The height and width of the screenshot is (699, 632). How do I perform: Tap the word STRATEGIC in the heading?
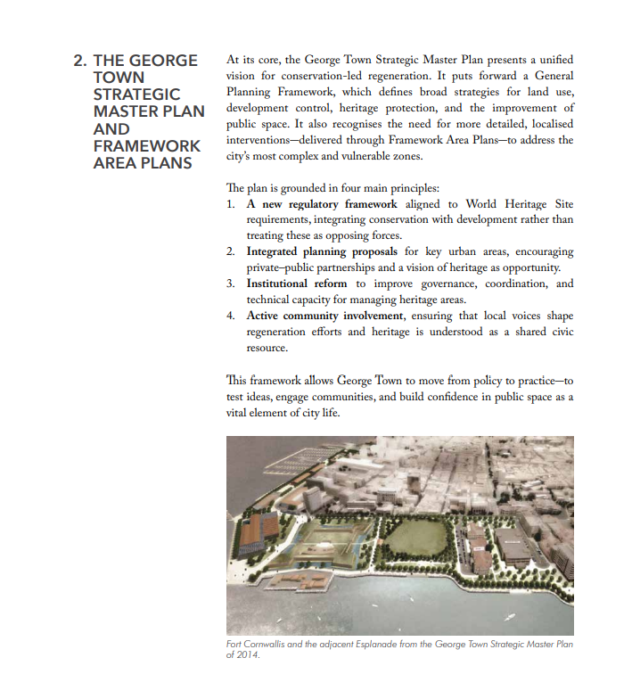tap(136, 95)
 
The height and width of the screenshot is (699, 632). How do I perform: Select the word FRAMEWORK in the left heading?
tap(147, 145)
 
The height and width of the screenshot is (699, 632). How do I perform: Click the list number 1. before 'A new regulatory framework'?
tap(231, 204)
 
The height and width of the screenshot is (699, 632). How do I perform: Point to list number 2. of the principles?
tap(231, 251)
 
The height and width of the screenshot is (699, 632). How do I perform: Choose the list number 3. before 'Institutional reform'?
tap(231, 284)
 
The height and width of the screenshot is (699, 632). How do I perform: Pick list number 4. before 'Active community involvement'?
tap(231, 316)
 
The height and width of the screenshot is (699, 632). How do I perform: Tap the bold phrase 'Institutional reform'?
tap(297, 284)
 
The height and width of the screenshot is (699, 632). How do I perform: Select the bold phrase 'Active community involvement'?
tap(324, 316)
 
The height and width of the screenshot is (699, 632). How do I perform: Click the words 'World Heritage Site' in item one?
tap(521, 204)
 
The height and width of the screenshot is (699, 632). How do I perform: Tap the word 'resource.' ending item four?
tap(267, 348)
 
